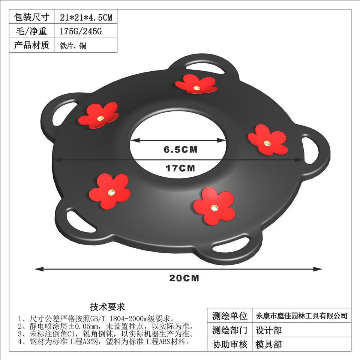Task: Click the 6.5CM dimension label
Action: (180, 149)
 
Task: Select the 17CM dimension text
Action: (180, 168)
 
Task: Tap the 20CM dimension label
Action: (184, 278)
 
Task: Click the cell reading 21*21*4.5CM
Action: (86, 17)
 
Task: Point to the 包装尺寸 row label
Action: (31, 17)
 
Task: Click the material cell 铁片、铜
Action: (73, 46)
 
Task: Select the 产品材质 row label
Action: (31, 45)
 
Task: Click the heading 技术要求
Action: (107, 307)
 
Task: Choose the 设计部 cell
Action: (268, 330)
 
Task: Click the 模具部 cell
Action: (268, 344)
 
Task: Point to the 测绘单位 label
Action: (229, 316)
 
